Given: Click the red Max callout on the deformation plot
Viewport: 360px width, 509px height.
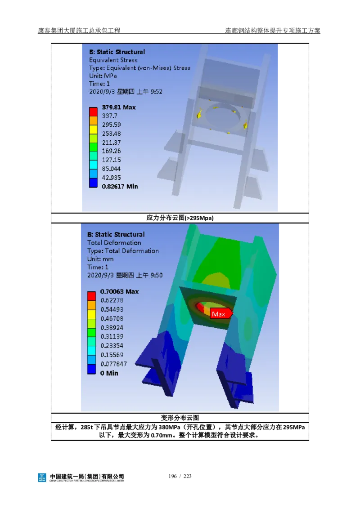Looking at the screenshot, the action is coord(221,313).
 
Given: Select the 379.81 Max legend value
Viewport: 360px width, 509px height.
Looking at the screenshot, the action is coord(119,107).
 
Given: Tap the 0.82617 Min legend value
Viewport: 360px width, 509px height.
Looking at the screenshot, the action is coord(120,186).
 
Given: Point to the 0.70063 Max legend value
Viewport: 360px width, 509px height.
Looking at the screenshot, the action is coord(119,291).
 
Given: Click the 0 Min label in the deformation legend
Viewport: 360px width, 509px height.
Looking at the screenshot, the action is coord(109,373).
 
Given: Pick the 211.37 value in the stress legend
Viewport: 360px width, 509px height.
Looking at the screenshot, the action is coord(112,142).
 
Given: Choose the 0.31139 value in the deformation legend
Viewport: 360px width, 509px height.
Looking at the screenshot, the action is coord(112,336).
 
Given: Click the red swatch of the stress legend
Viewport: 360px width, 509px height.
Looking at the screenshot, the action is coord(93,112).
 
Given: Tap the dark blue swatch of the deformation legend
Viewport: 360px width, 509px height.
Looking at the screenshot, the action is coord(91,370).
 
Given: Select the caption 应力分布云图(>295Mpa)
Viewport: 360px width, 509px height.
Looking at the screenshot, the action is coord(180,218).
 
